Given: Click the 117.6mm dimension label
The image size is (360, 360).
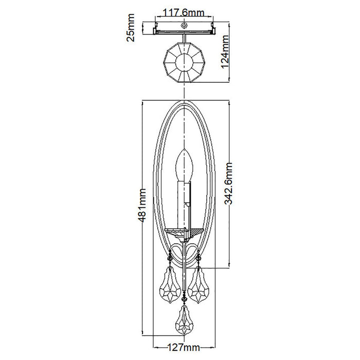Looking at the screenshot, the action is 184,13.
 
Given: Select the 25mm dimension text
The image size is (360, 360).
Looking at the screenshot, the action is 131,28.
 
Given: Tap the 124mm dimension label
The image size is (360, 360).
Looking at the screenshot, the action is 225,51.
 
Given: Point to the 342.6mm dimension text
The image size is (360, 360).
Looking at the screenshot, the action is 228,183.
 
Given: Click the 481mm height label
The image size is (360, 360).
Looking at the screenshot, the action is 141,205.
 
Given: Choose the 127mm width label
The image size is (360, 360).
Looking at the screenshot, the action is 184,347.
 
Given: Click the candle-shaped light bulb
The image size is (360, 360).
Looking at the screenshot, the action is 184,165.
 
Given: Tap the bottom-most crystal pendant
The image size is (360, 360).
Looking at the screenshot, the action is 184,319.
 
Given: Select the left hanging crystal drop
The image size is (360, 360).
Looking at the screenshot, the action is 170,285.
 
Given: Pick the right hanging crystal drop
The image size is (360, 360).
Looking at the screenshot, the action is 199,285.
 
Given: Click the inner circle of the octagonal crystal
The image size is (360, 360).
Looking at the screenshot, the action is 184,62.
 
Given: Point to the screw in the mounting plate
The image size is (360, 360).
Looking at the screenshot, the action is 184,26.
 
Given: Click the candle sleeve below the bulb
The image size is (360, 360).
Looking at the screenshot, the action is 184,204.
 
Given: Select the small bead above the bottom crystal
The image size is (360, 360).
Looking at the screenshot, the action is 184,299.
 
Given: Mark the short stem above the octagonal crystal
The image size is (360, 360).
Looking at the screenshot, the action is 184,38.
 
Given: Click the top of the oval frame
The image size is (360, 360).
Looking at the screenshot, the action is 184,100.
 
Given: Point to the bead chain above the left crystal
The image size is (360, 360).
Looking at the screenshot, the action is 170,258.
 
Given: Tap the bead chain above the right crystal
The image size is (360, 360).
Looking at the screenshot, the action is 199,258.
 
